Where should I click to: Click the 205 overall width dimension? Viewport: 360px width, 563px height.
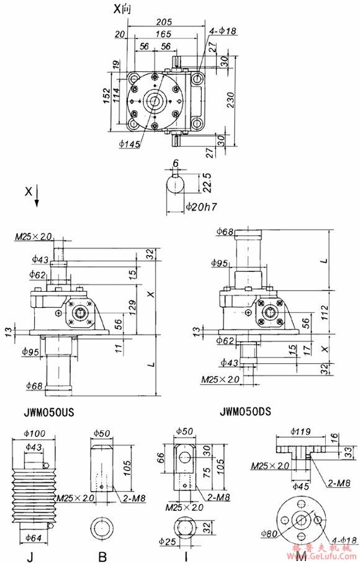tap(164, 20)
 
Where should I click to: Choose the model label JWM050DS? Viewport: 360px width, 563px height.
tap(248, 411)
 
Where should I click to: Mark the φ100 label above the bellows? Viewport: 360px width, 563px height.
tap(35, 432)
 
